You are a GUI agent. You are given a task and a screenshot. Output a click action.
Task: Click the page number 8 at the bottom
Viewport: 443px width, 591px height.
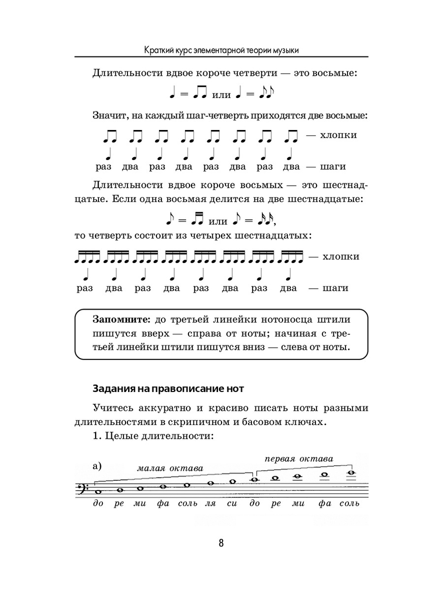pos(221,543)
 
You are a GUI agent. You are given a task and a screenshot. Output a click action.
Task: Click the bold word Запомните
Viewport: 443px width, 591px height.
pos(121,319)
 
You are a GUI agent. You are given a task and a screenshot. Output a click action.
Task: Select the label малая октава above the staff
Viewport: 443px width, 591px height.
pos(170,468)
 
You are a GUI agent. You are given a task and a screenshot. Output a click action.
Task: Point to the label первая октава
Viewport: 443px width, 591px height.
pos(298,459)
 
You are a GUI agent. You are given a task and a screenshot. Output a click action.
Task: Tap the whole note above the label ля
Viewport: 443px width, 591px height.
pos(211,483)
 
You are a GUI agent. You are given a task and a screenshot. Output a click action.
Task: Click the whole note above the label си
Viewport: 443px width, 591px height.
pos(233,481)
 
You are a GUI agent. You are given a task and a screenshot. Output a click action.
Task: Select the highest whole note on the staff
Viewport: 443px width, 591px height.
pos(350,473)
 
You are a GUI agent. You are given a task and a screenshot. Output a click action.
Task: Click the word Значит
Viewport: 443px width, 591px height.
pos(110,116)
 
